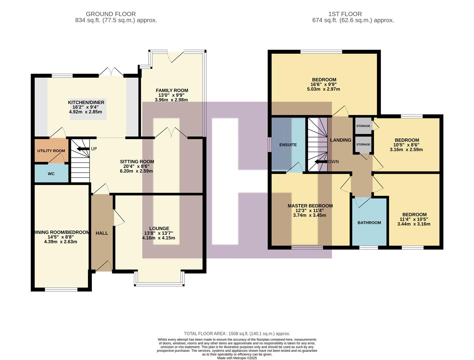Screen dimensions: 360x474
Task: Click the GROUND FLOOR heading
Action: click(x=111, y=14)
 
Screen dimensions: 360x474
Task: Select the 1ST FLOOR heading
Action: click(x=345, y=14)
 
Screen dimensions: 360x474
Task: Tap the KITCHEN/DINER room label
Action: click(x=86, y=102)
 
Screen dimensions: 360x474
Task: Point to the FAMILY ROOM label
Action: click(x=172, y=90)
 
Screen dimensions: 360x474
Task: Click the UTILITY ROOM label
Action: click(x=51, y=151)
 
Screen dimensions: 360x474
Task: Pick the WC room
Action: click(x=51, y=174)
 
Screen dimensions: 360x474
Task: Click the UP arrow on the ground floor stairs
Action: click(x=83, y=149)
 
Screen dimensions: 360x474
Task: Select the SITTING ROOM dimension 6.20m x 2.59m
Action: click(x=137, y=171)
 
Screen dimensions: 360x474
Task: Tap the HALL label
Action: click(x=102, y=233)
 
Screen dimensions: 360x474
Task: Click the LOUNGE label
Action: click(x=159, y=229)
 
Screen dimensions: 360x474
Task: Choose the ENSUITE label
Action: click(x=288, y=145)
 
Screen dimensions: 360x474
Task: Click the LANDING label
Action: click(x=340, y=140)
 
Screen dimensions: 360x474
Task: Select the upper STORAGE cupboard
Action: click(x=363, y=126)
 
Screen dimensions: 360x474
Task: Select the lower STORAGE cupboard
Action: click(x=363, y=144)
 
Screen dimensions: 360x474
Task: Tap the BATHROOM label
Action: click(x=369, y=223)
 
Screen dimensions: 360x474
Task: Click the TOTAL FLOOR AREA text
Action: click(x=237, y=333)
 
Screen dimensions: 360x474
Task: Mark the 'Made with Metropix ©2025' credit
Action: click(x=237, y=358)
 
